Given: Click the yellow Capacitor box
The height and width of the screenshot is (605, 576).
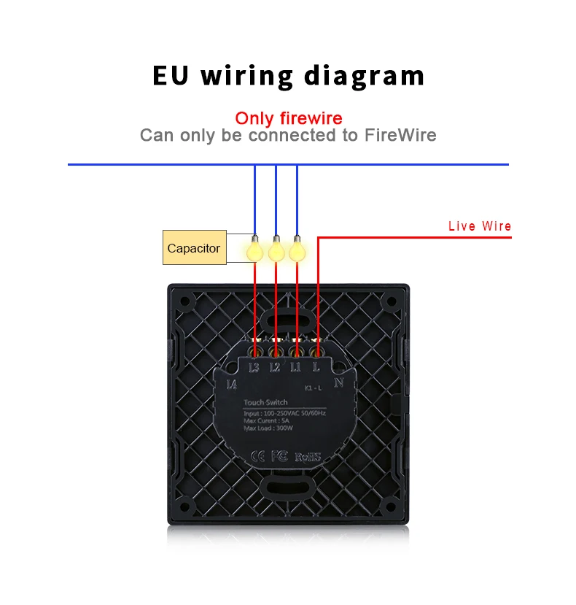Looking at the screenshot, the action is pyautogui.click(x=193, y=248).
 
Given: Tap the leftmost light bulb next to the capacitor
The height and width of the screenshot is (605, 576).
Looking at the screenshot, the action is pyautogui.click(x=254, y=250).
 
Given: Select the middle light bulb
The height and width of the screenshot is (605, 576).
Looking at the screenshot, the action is pyautogui.click(x=276, y=250).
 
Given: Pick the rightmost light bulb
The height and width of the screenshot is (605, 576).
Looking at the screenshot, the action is pyautogui.click(x=296, y=250).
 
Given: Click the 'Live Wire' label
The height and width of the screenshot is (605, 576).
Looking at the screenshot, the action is pyautogui.click(x=480, y=226).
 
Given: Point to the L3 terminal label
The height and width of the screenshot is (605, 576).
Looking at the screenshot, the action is pyautogui.click(x=254, y=368).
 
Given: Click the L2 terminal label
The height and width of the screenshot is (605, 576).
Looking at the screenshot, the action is pyautogui.click(x=275, y=368).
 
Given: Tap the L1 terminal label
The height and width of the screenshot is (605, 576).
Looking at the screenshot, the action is pyautogui.click(x=295, y=368).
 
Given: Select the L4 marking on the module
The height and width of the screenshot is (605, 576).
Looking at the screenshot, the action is pyautogui.click(x=233, y=385).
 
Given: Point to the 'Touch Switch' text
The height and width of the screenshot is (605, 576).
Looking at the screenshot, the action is pyautogui.click(x=265, y=402).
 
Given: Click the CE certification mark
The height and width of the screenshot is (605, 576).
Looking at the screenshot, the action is pyautogui.click(x=257, y=457).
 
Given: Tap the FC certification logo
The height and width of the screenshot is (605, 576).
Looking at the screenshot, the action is pyautogui.click(x=279, y=457).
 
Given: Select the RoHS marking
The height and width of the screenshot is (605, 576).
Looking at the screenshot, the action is pyautogui.click(x=308, y=458).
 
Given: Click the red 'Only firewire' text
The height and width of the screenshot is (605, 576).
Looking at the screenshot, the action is pyautogui.click(x=288, y=118).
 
